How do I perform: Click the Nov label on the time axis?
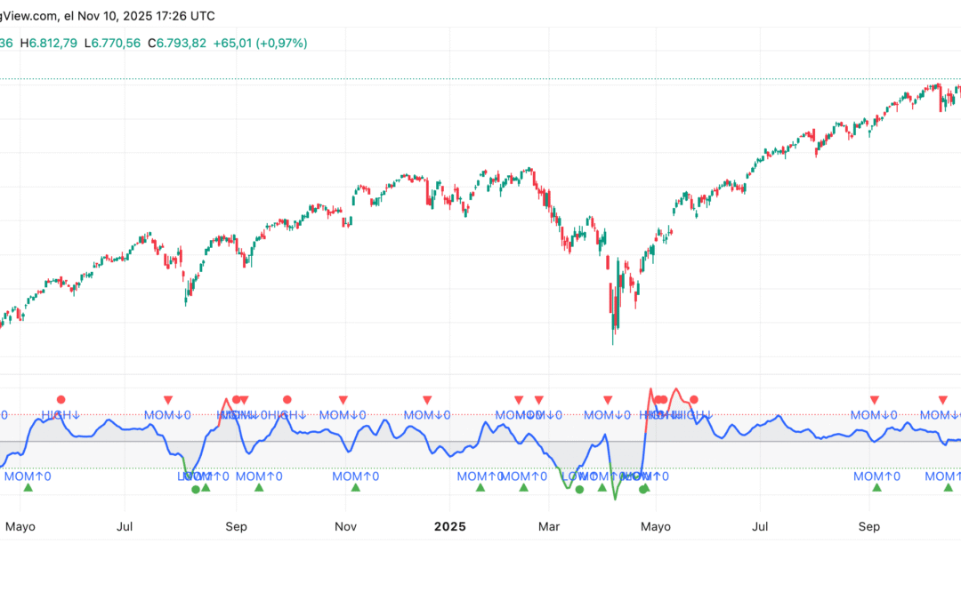click(345, 526)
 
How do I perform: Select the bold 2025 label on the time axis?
click(448, 526)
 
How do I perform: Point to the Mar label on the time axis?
click(550, 526)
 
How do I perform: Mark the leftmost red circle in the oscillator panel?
click(61, 400)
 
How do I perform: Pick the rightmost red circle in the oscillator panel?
click(694, 400)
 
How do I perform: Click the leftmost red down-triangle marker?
click(167, 400)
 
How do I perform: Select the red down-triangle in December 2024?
click(427, 400)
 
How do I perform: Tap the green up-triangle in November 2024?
click(356, 487)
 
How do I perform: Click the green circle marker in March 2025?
click(579, 489)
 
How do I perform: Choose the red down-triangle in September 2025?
click(875, 400)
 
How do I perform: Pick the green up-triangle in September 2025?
click(877, 487)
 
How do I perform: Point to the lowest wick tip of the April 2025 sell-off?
click(614, 344)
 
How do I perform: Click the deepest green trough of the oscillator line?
click(615, 499)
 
